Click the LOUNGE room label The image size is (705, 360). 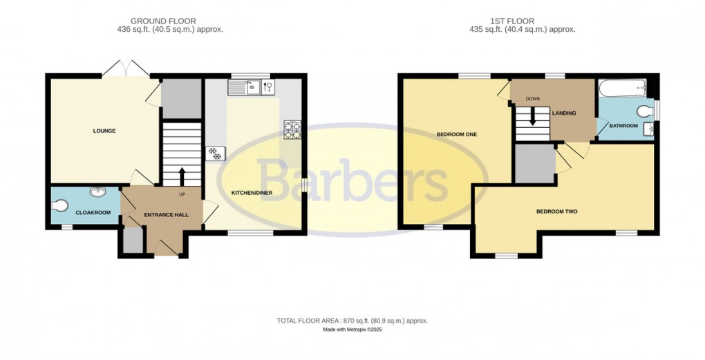(x=105, y=131)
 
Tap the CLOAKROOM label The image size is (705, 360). (x=93, y=212)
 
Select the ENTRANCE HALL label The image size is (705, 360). (x=162, y=216)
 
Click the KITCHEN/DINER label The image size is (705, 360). (x=252, y=193)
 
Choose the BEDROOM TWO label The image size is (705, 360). (x=556, y=211)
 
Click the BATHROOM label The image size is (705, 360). (x=623, y=126)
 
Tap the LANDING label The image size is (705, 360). (x=564, y=113)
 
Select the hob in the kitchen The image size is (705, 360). (x=291, y=130)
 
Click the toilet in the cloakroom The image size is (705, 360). (x=60, y=205)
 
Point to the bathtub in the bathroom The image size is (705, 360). (x=622, y=88)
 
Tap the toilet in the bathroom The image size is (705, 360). (x=646, y=111)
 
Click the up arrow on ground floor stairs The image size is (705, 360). (x=182, y=175)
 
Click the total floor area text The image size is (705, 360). (x=352, y=321)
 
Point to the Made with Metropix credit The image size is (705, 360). (x=352, y=330)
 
